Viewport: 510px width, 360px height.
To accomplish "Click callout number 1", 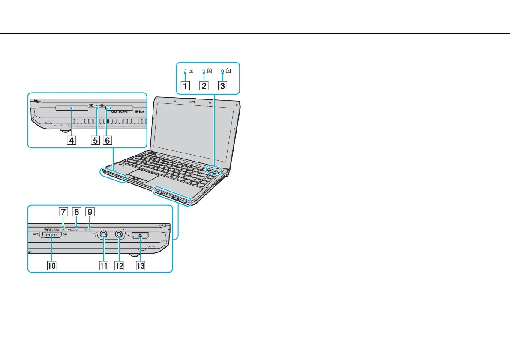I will click(186, 85).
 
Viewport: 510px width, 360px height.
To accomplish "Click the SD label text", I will click(91, 105).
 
